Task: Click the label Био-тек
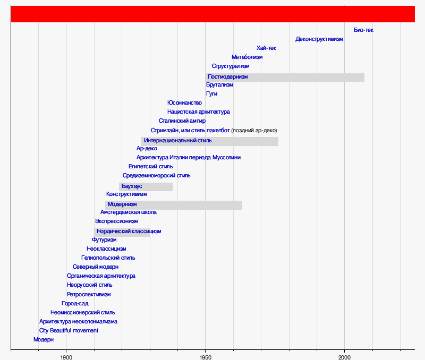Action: pos(363,30)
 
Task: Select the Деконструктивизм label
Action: pos(319,39)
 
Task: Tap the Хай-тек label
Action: pos(266,48)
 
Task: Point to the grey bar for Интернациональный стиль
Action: pos(244,141)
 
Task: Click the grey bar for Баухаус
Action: pos(157,187)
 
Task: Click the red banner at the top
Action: pos(212,14)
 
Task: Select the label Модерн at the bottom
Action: pos(44,340)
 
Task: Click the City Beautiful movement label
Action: pos(69,331)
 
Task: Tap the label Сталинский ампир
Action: pos(182,121)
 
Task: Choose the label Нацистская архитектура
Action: pos(198,112)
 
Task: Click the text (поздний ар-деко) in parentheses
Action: pos(254,131)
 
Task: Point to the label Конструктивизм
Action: pos(126,194)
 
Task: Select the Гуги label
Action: pos(211,94)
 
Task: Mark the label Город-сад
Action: pos(75,304)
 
